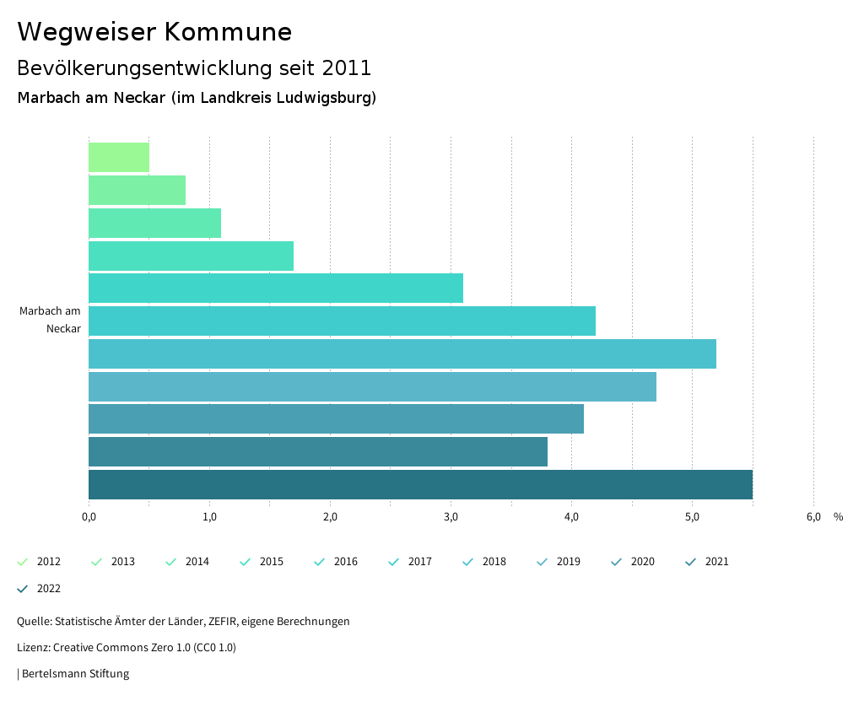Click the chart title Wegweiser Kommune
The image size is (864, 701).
[x=154, y=32]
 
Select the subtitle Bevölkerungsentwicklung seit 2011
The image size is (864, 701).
[x=194, y=67]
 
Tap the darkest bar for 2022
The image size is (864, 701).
[x=420, y=484]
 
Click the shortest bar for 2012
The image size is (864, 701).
[x=119, y=158]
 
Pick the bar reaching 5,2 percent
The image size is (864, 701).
[x=402, y=353]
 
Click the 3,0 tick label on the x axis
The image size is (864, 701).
[x=451, y=517]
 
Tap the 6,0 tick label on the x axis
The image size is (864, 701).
[x=813, y=517]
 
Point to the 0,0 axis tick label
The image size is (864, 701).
[x=89, y=517]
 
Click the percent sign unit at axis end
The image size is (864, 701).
[x=838, y=517]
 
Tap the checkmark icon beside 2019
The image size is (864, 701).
[x=542, y=562]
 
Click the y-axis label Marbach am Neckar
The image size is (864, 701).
[x=51, y=320]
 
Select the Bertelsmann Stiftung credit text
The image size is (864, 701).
[x=75, y=674]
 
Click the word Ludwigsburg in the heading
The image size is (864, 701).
[x=325, y=98]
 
